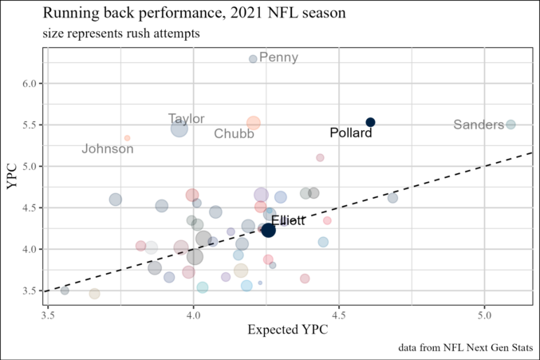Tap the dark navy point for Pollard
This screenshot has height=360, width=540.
[x=370, y=122]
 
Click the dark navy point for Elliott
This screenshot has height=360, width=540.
[x=269, y=230]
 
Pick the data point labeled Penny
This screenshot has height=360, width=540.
[x=253, y=59]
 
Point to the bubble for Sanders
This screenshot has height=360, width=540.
[x=510, y=125]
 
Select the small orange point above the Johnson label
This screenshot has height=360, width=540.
[x=127, y=138]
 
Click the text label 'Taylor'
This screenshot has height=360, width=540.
[x=187, y=119]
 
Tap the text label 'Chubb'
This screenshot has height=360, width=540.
[x=234, y=134]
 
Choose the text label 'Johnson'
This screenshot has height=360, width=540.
[x=108, y=149]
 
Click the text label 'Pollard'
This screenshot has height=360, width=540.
[x=351, y=133]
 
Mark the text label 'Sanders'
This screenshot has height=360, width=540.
[x=479, y=125]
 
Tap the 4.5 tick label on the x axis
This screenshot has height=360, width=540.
[x=338, y=315]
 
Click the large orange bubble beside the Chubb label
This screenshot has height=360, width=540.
[x=254, y=123]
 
